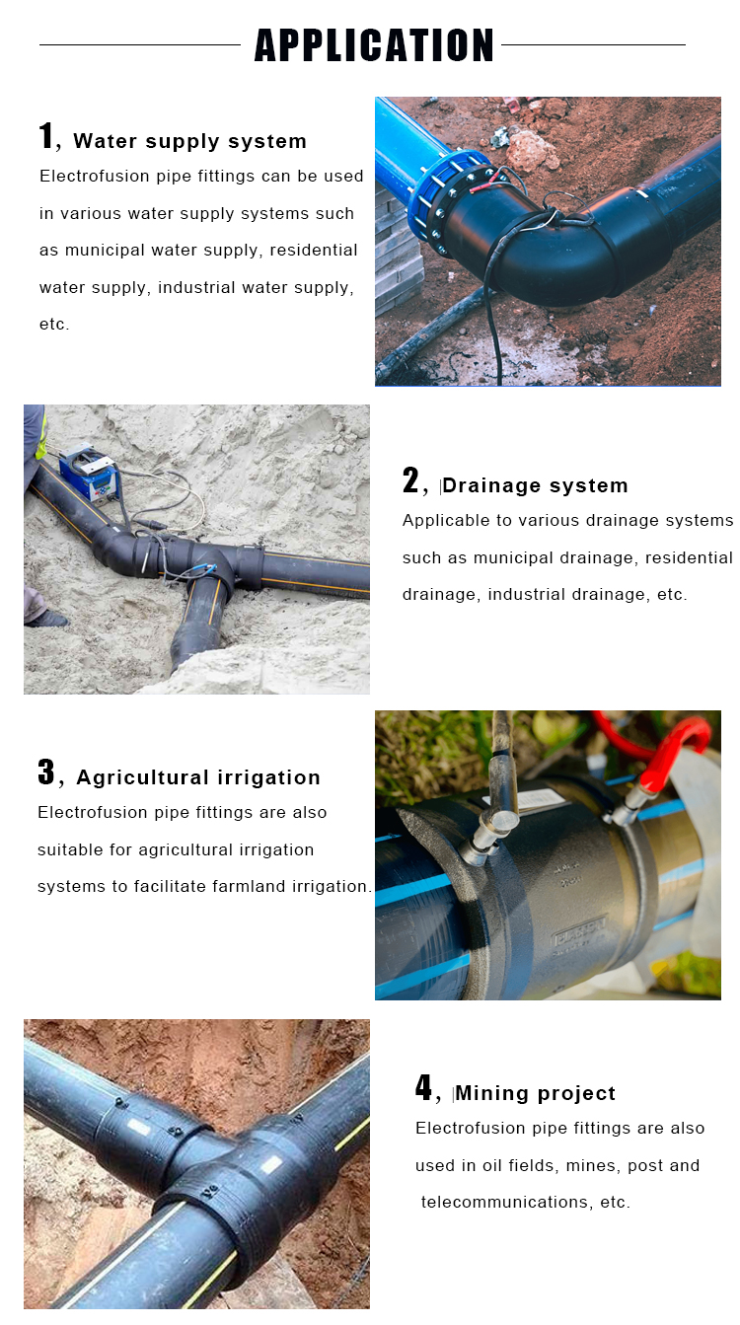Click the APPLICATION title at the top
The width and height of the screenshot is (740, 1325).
pyautogui.click(x=374, y=45)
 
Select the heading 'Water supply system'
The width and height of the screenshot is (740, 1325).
pyautogui.click(x=189, y=141)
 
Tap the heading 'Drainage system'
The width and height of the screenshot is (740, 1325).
pyautogui.click(x=535, y=485)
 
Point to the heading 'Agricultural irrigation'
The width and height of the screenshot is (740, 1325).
pyautogui.click(x=198, y=777)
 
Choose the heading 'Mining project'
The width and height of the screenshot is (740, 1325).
pyautogui.click(x=535, y=1093)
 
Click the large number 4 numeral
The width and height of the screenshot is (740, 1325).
pyautogui.click(x=424, y=1089)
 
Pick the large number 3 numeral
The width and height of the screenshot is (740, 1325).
pyautogui.click(x=46, y=773)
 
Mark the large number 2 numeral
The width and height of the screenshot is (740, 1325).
pyautogui.click(x=411, y=481)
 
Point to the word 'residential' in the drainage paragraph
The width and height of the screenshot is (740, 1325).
pyautogui.click(x=689, y=558)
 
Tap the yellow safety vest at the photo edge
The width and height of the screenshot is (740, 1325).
pyautogui.click(x=40, y=450)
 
